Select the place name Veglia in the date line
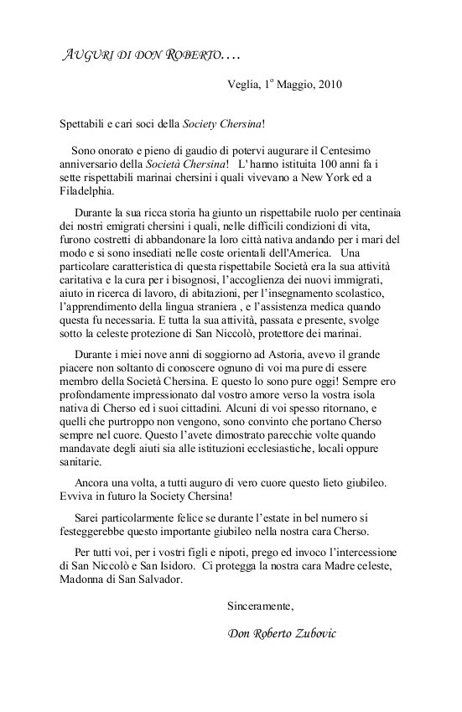pyautogui.click(x=244, y=84)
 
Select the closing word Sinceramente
pyautogui.click(x=261, y=604)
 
